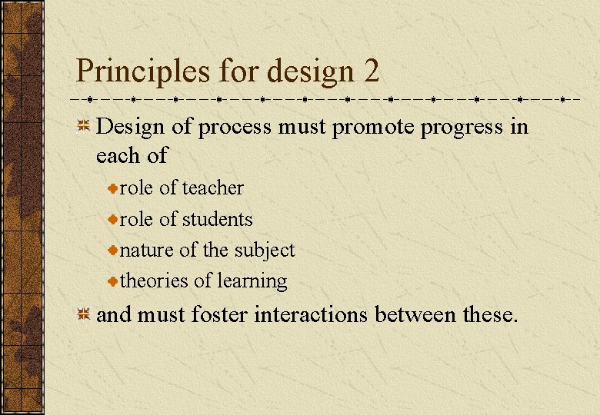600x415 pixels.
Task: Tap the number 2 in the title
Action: point(371,72)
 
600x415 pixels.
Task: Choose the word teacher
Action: point(213,188)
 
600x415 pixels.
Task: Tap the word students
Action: point(217,220)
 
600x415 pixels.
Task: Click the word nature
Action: point(147,251)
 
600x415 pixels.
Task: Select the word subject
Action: point(265,251)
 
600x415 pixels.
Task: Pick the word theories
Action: point(154,281)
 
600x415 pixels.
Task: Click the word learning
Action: point(252,281)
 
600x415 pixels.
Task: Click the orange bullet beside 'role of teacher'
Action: point(112,189)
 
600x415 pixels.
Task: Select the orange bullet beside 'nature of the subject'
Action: point(112,251)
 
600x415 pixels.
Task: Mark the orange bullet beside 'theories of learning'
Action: point(112,282)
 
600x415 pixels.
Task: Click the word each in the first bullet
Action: point(116,156)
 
